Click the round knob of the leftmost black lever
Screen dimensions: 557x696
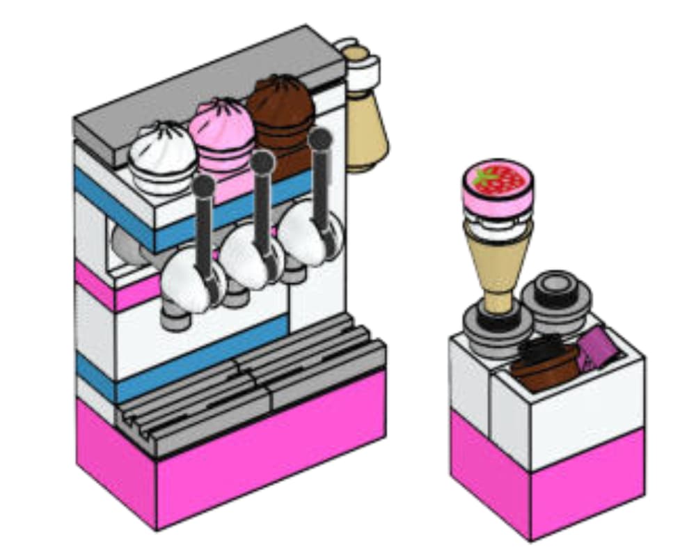[203, 185]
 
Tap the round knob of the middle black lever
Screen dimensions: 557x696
[262, 163]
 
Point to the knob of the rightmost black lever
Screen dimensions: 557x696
[319, 139]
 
